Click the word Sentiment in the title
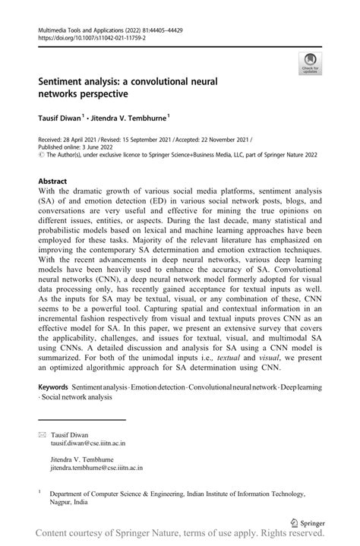68,80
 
